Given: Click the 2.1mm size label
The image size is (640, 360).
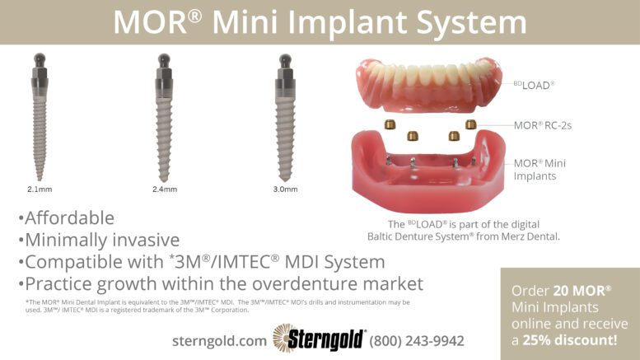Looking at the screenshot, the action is (40, 189).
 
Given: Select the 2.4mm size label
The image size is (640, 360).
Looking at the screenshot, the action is (165, 189).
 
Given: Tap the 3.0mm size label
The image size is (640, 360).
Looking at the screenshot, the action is (285, 189).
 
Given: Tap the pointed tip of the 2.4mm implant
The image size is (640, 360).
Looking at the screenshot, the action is (164, 180).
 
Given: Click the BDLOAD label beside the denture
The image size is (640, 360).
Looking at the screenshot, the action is (534, 85).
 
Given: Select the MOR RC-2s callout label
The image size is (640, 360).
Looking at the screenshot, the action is (543, 125).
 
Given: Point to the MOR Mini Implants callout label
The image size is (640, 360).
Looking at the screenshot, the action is (540, 170).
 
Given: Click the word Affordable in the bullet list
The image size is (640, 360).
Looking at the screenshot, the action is (69, 218).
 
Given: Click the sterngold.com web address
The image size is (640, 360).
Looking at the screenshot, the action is (219, 341).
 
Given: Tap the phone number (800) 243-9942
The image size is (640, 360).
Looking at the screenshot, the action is (417, 341).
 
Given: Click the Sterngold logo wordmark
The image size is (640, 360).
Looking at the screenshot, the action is (325, 339).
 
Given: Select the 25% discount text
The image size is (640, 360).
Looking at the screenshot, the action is (570, 340).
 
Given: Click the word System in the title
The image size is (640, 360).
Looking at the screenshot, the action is (471, 22).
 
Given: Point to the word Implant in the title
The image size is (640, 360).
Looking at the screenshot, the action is (348, 23).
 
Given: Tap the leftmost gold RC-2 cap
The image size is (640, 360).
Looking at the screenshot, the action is (390, 124).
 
